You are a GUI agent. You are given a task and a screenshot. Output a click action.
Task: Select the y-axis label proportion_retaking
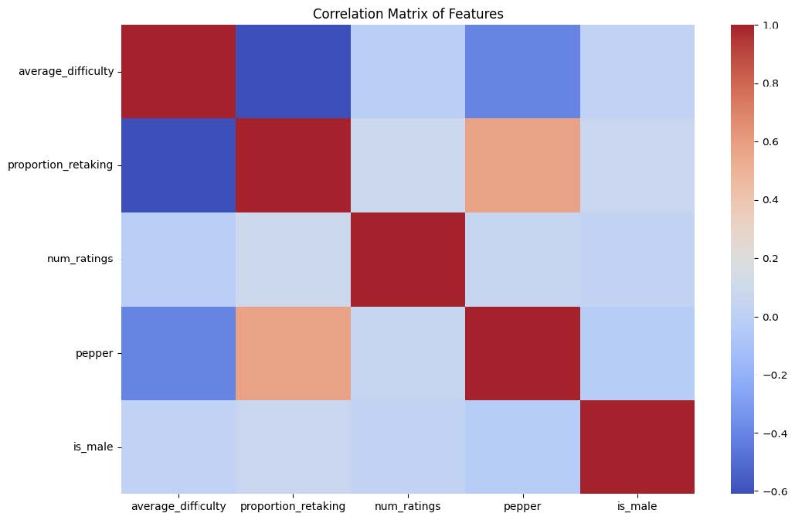[x=61, y=165]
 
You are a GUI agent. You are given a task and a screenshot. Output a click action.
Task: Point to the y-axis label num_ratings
[x=80, y=259]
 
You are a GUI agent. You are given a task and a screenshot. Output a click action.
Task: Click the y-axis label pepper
[x=98, y=353]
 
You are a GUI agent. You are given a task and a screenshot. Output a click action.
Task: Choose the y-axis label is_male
[x=97, y=447]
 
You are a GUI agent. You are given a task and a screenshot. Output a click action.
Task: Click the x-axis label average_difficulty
[x=178, y=507]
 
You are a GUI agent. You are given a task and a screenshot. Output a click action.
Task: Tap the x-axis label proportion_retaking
[x=293, y=507]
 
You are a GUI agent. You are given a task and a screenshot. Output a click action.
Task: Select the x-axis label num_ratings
[x=407, y=507]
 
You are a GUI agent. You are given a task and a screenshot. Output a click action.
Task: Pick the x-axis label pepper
[x=522, y=507]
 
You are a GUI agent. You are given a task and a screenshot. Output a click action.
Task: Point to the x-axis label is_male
[x=637, y=507]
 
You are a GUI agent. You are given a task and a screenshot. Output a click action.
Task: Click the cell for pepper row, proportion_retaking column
[x=293, y=353]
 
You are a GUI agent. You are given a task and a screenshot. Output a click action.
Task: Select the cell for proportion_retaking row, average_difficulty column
[x=178, y=165]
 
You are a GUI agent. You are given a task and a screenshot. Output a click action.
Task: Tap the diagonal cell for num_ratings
[x=407, y=259]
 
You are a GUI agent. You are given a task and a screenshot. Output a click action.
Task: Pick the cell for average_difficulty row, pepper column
[x=522, y=72]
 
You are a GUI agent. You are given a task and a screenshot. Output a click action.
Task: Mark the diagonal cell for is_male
[x=637, y=447]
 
